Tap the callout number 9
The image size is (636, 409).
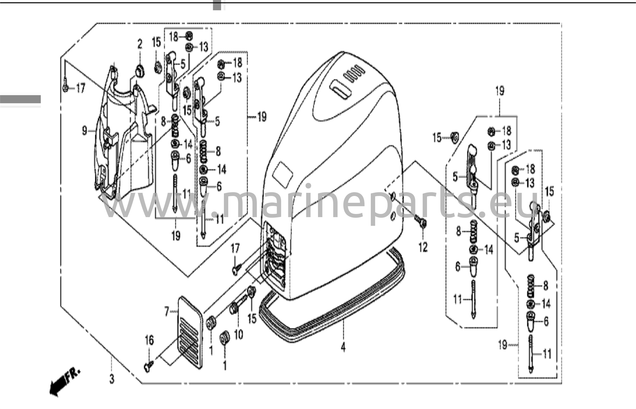84,131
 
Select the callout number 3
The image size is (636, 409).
112,379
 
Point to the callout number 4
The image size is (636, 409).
343,347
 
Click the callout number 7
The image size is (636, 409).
167,311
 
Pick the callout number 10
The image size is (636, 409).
238,335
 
